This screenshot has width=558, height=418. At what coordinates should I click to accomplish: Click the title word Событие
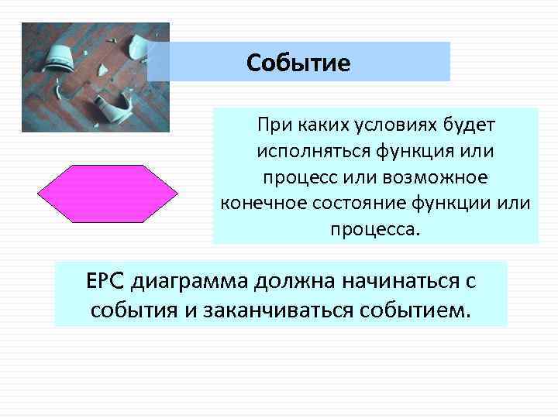(x=298, y=62)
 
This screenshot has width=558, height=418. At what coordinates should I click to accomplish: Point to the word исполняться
(x=303, y=152)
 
